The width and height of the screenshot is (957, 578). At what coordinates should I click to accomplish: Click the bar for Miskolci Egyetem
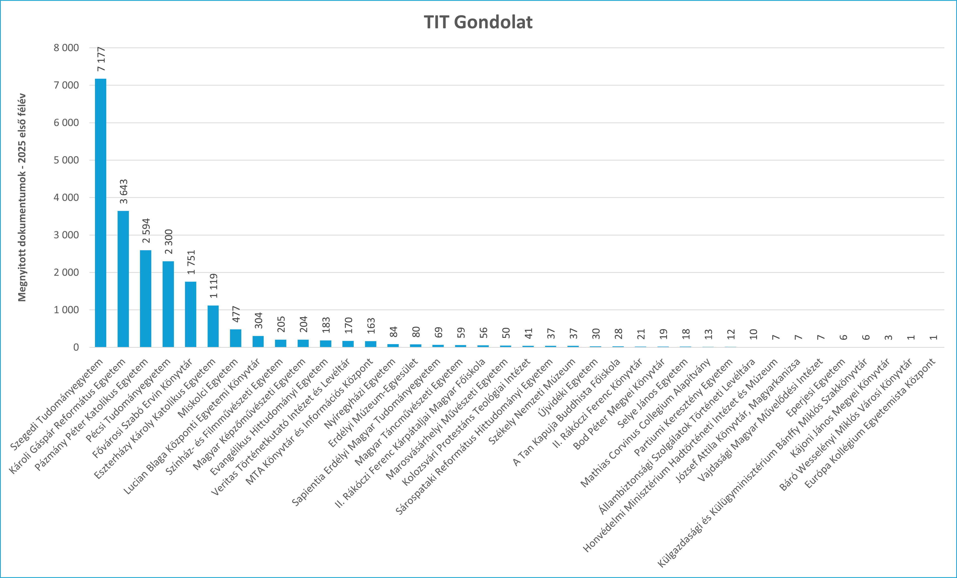point(235,338)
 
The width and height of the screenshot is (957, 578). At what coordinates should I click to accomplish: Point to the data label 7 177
point(101,59)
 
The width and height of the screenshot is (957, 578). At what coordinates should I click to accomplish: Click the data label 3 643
point(123,191)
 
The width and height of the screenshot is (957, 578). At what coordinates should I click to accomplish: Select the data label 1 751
point(191,262)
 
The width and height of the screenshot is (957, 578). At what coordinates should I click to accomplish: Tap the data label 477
point(236,314)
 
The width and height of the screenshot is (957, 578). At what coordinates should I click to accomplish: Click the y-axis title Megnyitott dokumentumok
point(22,197)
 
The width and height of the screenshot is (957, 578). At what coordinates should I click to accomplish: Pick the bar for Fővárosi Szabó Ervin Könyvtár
point(191,314)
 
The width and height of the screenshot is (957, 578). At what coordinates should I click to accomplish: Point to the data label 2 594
point(146,231)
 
